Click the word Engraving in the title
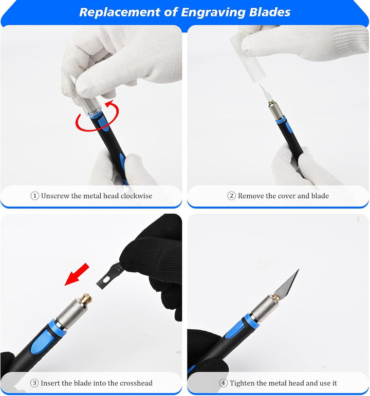pos(213,12)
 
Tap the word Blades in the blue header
pos(270,12)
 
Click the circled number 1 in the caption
pos(34,196)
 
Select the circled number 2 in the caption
pos(231,196)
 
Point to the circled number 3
pos(34,383)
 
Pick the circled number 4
pos(223,383)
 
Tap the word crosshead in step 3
pos(136,383)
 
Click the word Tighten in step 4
pos(242,383)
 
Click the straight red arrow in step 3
pos(77,274)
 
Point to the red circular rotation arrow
pos(97,116)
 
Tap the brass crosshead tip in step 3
pos(86,300)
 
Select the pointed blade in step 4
pos(287,284)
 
